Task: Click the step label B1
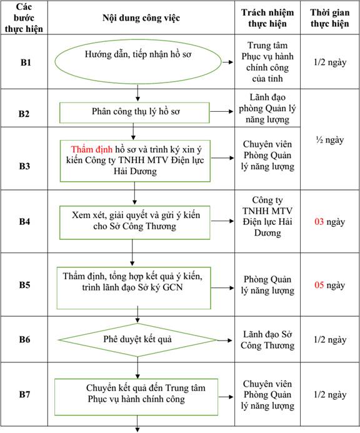(26, 62)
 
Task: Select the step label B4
(24, 221)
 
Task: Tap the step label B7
(24, 394)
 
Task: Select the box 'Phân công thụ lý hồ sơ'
(134, 102)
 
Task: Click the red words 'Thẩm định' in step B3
(92, 149)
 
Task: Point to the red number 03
(319, 222)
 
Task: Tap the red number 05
(319, 285)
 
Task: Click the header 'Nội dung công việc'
(141, 18)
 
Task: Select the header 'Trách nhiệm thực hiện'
(267, 18)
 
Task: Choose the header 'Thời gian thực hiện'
(330, 18)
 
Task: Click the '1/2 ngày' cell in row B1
(330, 62)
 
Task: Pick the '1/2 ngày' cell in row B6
(330, 339)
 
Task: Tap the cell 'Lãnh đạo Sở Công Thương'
(267, 340)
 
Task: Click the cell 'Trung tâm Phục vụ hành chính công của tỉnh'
(267, 62)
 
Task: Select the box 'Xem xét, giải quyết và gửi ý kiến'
(134, 206)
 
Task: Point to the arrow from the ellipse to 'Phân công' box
(137, 92)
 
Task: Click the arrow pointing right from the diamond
(224, 341)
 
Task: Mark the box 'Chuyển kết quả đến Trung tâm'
(136, 379)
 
